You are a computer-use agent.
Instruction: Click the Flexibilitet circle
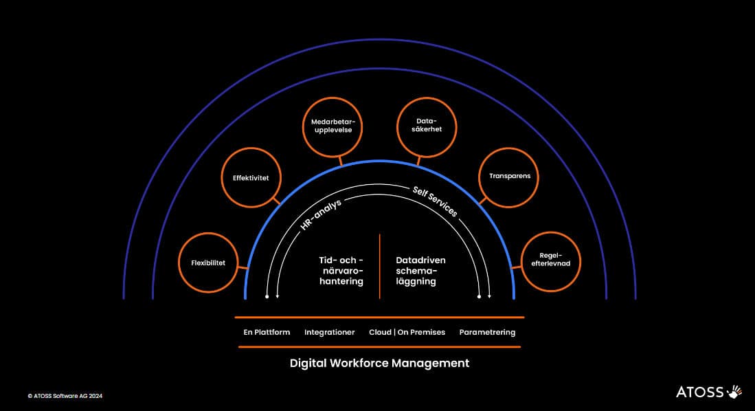208,234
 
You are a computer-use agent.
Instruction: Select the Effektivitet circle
251,149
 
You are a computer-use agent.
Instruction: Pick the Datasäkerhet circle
427,98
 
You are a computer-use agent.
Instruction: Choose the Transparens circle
508,149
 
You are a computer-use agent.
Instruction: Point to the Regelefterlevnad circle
551,233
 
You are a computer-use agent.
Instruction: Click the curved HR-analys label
321,214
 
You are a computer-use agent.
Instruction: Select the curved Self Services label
435,201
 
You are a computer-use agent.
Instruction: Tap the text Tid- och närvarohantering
341,270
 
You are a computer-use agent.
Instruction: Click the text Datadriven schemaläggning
420,270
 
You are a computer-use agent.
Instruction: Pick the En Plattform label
267,332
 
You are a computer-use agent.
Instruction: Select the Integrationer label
329,333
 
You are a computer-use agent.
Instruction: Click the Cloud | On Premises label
407,332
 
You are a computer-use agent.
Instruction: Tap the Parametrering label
487,333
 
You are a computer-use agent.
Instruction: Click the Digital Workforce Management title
379,364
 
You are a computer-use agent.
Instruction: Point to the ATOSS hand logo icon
735,392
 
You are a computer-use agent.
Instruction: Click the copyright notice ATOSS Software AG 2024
65,396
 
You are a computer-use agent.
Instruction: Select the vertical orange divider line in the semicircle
379,267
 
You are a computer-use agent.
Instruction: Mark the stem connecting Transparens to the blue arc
483,200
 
